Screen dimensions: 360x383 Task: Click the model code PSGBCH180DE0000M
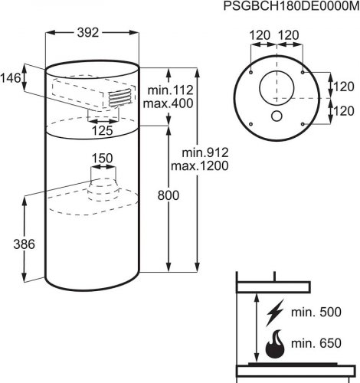(291, 6)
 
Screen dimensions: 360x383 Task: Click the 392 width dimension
(88, 33)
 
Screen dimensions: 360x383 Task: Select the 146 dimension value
(11, 78)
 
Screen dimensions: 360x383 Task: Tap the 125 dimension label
(102, 131)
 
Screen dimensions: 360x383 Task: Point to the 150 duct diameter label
(102, 159)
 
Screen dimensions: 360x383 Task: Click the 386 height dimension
(24, 244)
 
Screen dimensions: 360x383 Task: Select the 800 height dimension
(169, 195)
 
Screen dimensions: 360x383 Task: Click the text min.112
(171, 90)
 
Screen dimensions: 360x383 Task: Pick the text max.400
(168, 103)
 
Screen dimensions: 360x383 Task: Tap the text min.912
(205, 152)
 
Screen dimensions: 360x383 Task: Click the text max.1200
(200, 166)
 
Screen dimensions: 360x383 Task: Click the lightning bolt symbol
(275, 313)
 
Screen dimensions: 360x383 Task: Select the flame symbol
(275, 344)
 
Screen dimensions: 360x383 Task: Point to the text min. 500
(316, 313)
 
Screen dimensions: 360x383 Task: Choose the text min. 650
(316, 343)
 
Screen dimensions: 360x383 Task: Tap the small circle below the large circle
(277, 116)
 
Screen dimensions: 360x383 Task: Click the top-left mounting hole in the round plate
(251, 73)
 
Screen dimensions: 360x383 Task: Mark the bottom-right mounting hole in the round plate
(303, 124)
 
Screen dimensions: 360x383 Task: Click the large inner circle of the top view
(260, 88)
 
